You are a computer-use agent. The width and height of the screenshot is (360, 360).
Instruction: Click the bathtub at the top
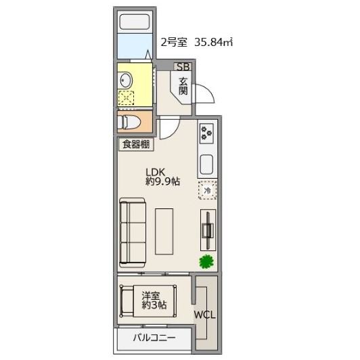point(135,22)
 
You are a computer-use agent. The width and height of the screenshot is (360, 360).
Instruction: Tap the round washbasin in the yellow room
point(126,80)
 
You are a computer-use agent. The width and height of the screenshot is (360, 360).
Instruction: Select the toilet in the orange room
point(129,122)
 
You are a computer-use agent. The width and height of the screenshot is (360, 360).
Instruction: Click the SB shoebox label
point(183,66)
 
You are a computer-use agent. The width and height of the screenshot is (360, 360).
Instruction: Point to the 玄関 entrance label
point(183,86)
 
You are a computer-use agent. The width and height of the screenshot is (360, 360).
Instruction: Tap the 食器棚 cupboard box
point(136,144)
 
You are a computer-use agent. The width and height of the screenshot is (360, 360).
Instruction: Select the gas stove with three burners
point(206,133)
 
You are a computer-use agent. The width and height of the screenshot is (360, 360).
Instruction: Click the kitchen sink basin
point(206,164)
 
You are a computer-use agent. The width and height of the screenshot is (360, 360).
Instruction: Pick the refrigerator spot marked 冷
point(207,190)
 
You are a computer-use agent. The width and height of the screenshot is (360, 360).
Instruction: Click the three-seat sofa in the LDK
point(133,233)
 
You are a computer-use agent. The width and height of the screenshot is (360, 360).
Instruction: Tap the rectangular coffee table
point(164,231)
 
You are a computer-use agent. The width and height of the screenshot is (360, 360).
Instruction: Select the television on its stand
point(208,230)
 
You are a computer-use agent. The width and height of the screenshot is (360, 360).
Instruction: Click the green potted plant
point(206,261)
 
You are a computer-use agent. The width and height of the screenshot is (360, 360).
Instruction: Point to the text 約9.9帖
point(163,181)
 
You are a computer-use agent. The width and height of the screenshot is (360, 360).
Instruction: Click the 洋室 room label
point(151,295)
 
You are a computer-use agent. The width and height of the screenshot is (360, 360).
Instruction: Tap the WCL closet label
point(205,315)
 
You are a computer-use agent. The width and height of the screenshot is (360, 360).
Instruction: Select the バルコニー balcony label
point(154,338)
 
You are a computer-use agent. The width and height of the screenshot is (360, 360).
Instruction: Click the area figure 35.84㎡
point(214,42)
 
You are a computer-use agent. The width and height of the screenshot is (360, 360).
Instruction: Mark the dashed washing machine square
point(126,98)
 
